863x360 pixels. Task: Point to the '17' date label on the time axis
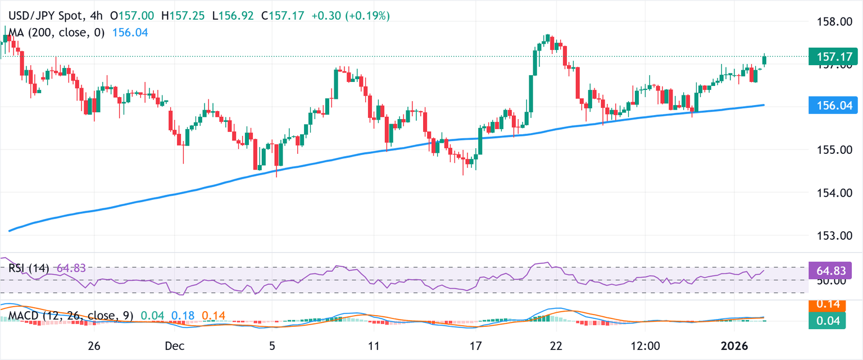pos(475,347)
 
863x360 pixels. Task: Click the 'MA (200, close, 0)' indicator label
pos(53,33)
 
